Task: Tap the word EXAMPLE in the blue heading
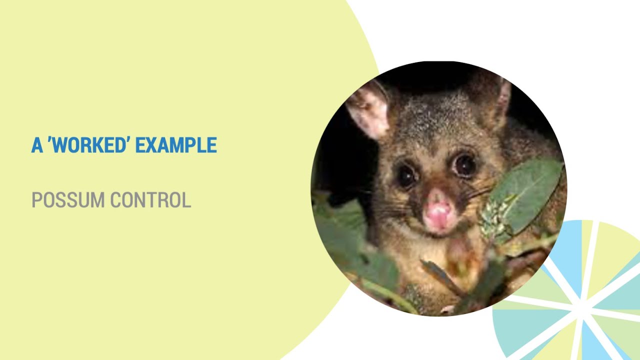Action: coord(176,145)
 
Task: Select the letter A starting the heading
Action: coord(37,145)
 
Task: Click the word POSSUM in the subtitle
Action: coord(68,200)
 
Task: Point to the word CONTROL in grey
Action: coord(150,200)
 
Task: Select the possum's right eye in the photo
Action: coord(464,164)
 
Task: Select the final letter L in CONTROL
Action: coord(186,200)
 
